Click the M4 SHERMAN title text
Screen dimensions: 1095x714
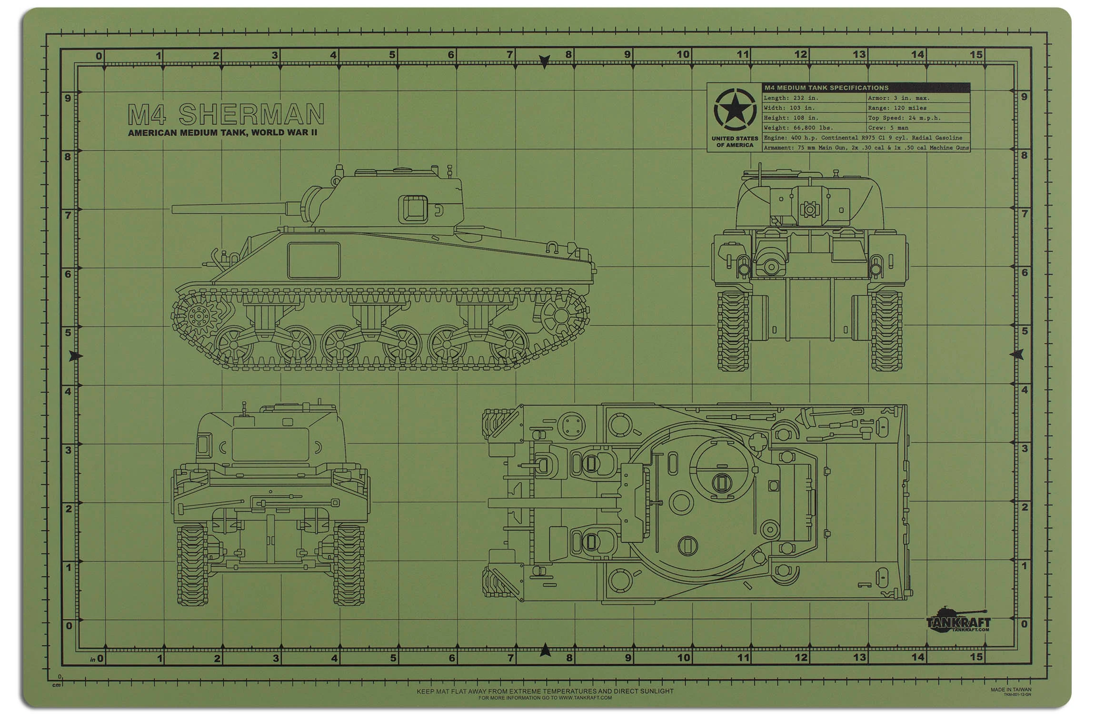[x=226, y=115]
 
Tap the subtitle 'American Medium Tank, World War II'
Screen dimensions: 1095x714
[x=222, y=133]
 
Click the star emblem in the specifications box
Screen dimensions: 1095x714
[x=735, y=111]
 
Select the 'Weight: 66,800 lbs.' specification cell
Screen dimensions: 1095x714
[x=814, y=128]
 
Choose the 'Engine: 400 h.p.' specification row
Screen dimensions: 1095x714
[x=866, y=138]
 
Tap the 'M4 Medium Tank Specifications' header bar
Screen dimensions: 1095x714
[x=866, y=88]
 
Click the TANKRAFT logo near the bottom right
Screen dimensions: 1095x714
[x=958, y=621]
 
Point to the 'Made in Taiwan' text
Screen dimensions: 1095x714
[x=1011, y=689]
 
